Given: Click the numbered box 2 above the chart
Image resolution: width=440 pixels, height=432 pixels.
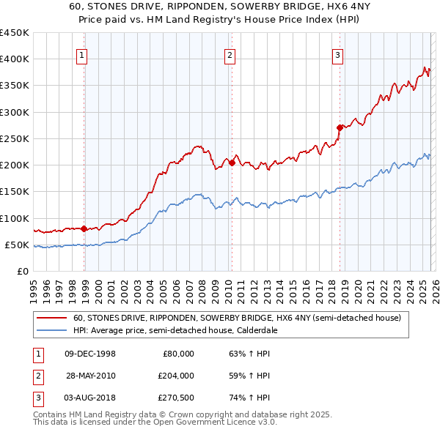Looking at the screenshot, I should click(230, 54).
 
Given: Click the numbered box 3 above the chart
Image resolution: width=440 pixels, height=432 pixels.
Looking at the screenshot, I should click(337, 54).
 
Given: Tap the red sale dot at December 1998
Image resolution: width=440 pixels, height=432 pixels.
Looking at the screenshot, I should click(84, 228).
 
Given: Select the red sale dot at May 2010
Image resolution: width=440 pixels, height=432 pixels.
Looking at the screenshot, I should click(232, 163).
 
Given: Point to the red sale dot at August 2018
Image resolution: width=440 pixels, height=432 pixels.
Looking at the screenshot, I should click(340, 127).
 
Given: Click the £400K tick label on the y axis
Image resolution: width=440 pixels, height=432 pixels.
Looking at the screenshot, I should click(15, 59).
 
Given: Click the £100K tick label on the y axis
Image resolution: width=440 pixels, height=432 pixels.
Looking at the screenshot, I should click(15, 218).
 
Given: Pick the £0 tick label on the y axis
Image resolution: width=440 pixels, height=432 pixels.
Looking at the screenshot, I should click(22, 271).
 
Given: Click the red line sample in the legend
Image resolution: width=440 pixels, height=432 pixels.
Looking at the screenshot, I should click(51, 319).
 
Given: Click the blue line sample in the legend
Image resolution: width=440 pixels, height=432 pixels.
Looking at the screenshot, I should click(51, 330).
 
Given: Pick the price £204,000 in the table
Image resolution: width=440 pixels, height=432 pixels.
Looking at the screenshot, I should click(176, 376).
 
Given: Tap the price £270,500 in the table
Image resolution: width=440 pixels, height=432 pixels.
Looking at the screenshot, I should click(176, 398).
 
